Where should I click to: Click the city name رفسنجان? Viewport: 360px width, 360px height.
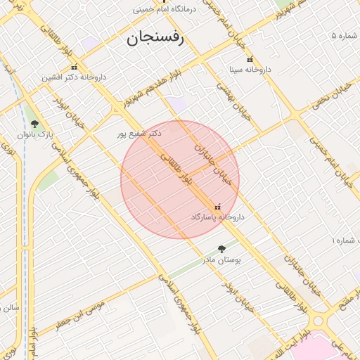pyautogui.click(x=155, y=39)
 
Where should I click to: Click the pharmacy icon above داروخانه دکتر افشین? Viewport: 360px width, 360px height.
pyautogui.click(x=74, y=67)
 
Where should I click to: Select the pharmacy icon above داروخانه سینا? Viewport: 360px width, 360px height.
pyautogui.click(x=250, y=60)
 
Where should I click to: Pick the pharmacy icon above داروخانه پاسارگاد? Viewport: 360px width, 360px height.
pyautogui.click(x=217, y=207)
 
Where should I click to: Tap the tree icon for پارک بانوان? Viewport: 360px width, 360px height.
pyautogui.click(x=34, y=124)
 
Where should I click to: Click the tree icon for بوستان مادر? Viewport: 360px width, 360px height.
pyautogui.click(x=221, y=249)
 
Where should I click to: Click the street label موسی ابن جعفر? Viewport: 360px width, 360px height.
pyautogui.click(x=81, y=315)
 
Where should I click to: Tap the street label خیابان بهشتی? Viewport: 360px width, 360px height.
pyautogui.click(x=224, y=96)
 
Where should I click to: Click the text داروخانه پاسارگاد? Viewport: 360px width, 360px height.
pyautogui.click(x=217, y=218)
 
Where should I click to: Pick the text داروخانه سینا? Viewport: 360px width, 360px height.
pyautogui.click(x=250, y=70)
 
